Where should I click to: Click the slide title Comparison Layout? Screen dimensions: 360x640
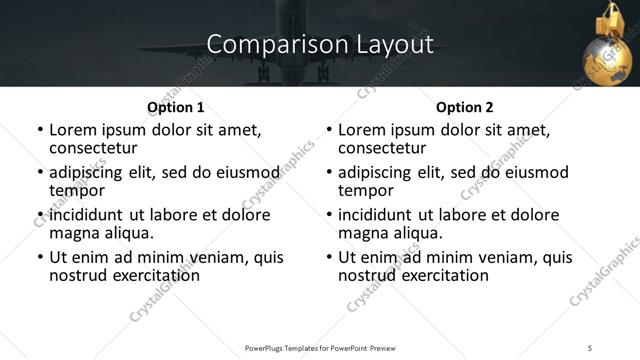[320, 45]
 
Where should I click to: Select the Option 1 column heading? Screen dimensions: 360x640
[175, 107]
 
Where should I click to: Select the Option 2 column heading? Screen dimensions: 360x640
[464, 107]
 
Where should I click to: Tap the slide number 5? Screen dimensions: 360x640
[590, 347]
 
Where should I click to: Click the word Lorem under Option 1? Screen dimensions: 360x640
[76, 130]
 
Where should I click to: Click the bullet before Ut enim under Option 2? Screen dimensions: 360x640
[330, 257]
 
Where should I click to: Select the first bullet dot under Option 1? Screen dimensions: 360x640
[41, 131]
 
